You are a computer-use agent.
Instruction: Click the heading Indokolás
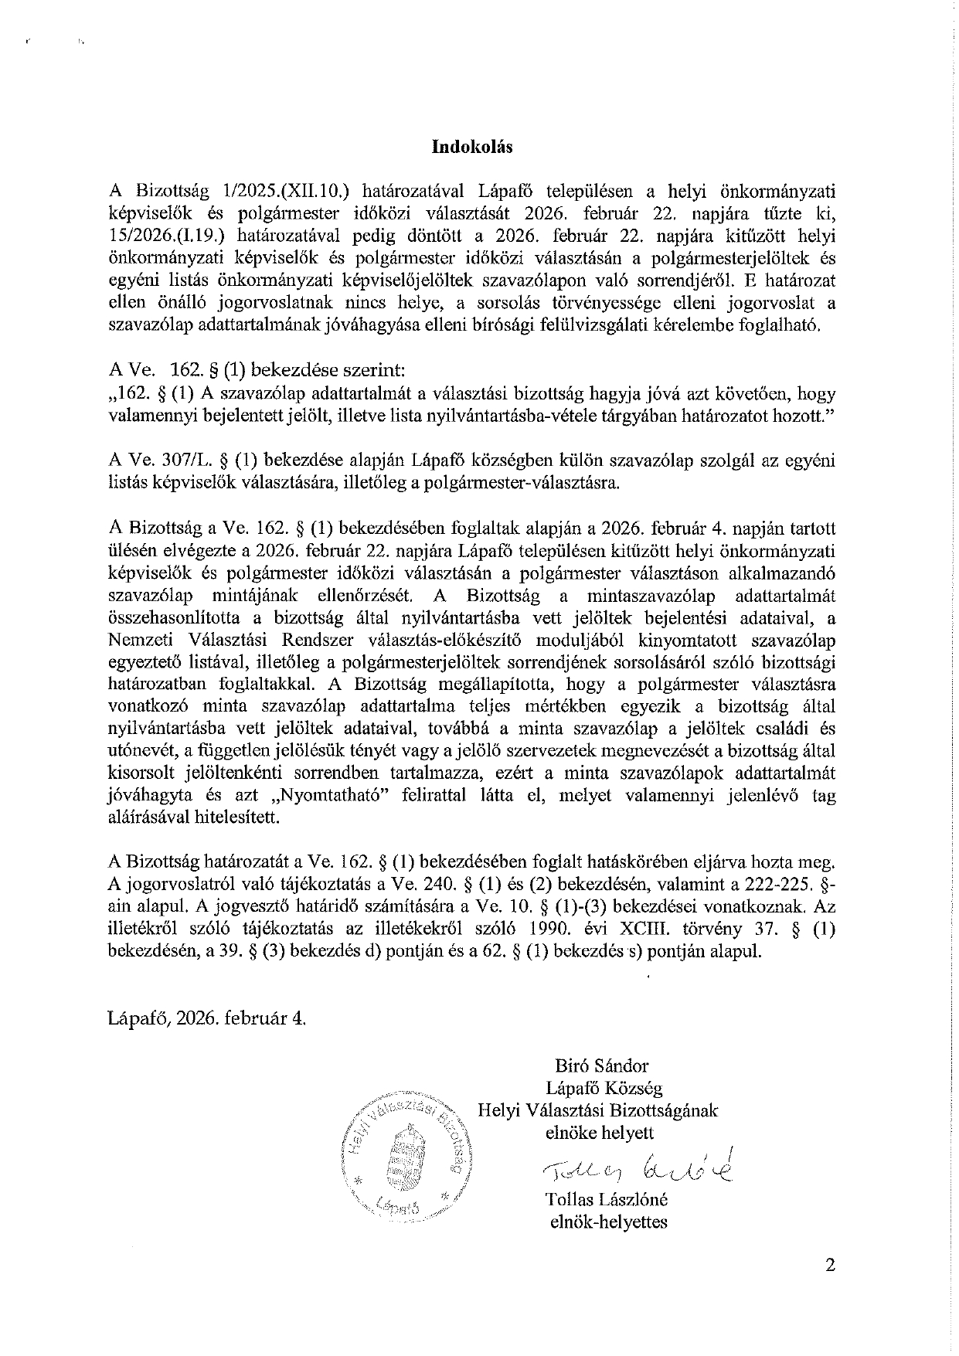click(472, 147)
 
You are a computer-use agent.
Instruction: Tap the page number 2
click(830, 1265)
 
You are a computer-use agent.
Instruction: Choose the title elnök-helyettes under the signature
click(607, 1222)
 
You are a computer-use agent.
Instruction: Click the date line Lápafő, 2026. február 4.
click(208, 1018)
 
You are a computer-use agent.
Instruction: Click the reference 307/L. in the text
click(182, 461)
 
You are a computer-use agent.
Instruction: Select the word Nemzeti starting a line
click(139, 640)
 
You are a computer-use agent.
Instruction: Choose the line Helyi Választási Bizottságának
click(598, 1111)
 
